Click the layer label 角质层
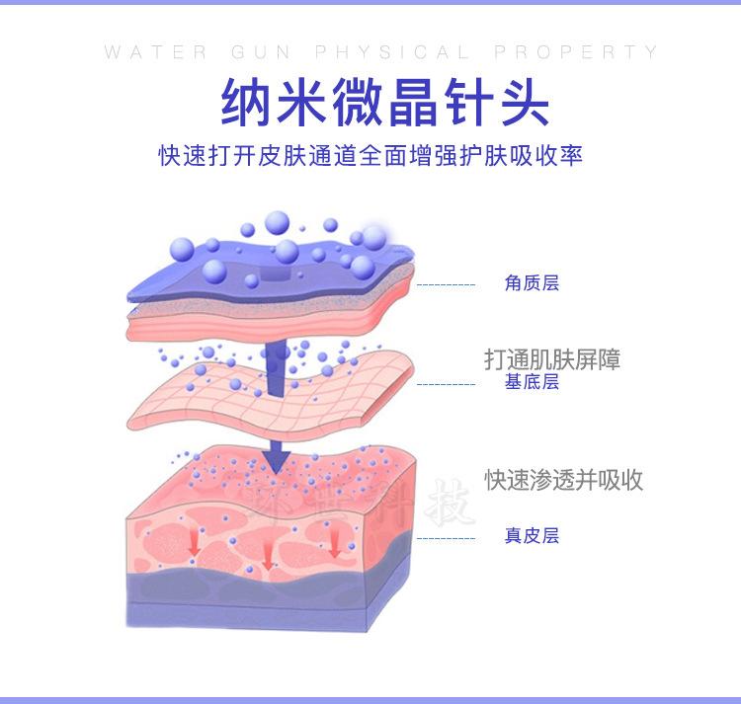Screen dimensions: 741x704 tap(532, 282)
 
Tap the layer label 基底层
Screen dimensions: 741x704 tap(532, 381)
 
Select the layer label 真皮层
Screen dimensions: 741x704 tap(532, 535)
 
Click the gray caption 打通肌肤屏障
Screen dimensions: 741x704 tap(552, 359)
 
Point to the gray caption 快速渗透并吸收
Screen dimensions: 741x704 tap(563, 480)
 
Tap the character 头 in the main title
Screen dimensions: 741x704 tap(524, 102)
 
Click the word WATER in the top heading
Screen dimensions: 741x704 tap(155, 52)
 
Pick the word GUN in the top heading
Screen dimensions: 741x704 tap(261, 52)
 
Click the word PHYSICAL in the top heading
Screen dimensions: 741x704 tap(392, 52)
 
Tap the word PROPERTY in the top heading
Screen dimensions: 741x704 tap(576, 52)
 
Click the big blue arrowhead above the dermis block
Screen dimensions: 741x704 tap(277, 457)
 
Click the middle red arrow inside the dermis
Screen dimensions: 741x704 tap(267, 553)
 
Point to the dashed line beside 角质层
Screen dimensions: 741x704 tap(446, 285)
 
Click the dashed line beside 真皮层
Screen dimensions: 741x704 tap(446, 538)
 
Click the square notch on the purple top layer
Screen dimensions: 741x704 tap(276, 273)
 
